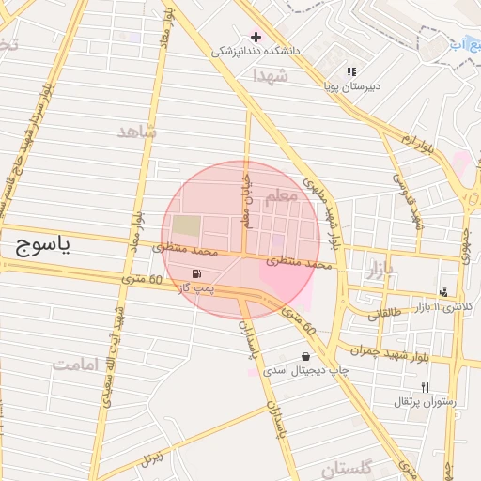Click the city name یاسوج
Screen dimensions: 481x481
tap(45, 247)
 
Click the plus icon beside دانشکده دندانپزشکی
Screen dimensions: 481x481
tap(256, 37)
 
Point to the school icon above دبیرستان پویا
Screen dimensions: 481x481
tap(352, 70)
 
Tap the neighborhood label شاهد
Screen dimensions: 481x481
tap(136, 132)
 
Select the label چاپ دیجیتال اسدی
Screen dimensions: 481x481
tap(306, 371)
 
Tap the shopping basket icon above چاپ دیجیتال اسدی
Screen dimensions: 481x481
tap(306, 356)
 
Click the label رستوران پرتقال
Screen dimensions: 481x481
tap(426, 402)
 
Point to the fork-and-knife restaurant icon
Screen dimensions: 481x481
tap(425, 387)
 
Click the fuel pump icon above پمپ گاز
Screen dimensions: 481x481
tap(195, 273)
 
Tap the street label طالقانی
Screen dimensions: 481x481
tap(384, 316)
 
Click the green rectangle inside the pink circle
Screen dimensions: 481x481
tap(187, 226)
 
